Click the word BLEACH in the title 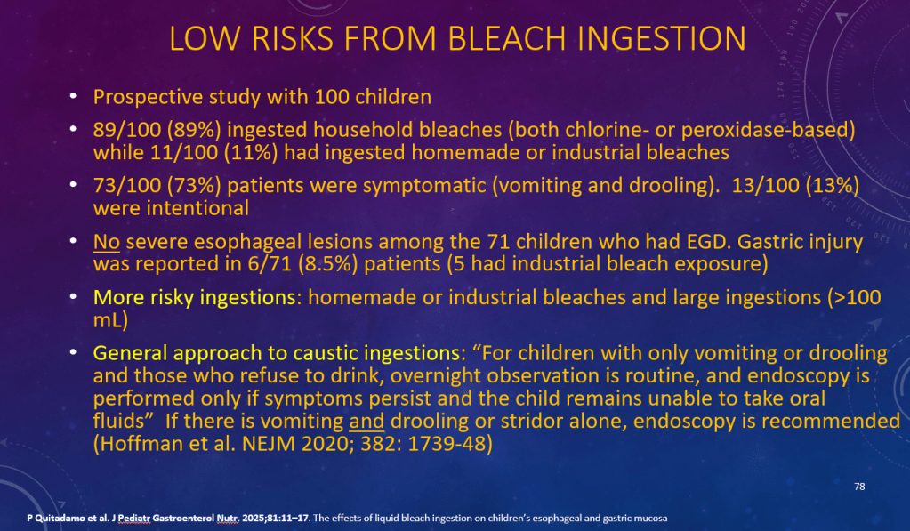click(507, 39)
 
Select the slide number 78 click(859, 487)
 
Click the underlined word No click(106, 241)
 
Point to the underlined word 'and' click(366, 421)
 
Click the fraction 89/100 click(127, 129)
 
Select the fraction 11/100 click(184, 152)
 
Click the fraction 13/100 click(766, 185)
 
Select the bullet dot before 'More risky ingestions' click(73, 296)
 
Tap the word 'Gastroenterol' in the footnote click(183, 519)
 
